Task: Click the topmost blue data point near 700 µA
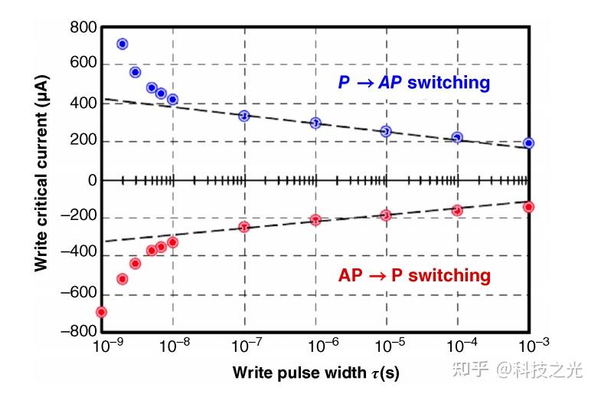(x=122, y=44)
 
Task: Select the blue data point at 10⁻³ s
(x=528, y=143)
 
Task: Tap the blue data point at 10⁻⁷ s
(x=244, y=116)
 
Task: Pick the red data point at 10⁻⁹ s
(x=101, y=312)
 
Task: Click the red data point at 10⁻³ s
(x=528, y=207)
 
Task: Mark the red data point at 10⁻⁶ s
(x=315, y=220)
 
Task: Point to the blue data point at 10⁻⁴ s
(x=457, y=138)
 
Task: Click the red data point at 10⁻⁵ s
(x=386, y=215)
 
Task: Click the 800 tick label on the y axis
(x=82, y=29)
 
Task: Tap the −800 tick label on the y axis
(x=77, y=332)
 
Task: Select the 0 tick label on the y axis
(x=91, y=181)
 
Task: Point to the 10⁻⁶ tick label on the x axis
(x=315, y=346)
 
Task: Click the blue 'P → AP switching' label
(x=413, y=82)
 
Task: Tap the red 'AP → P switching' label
(x=414, y=274)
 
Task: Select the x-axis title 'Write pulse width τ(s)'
(x=315, y=373)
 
